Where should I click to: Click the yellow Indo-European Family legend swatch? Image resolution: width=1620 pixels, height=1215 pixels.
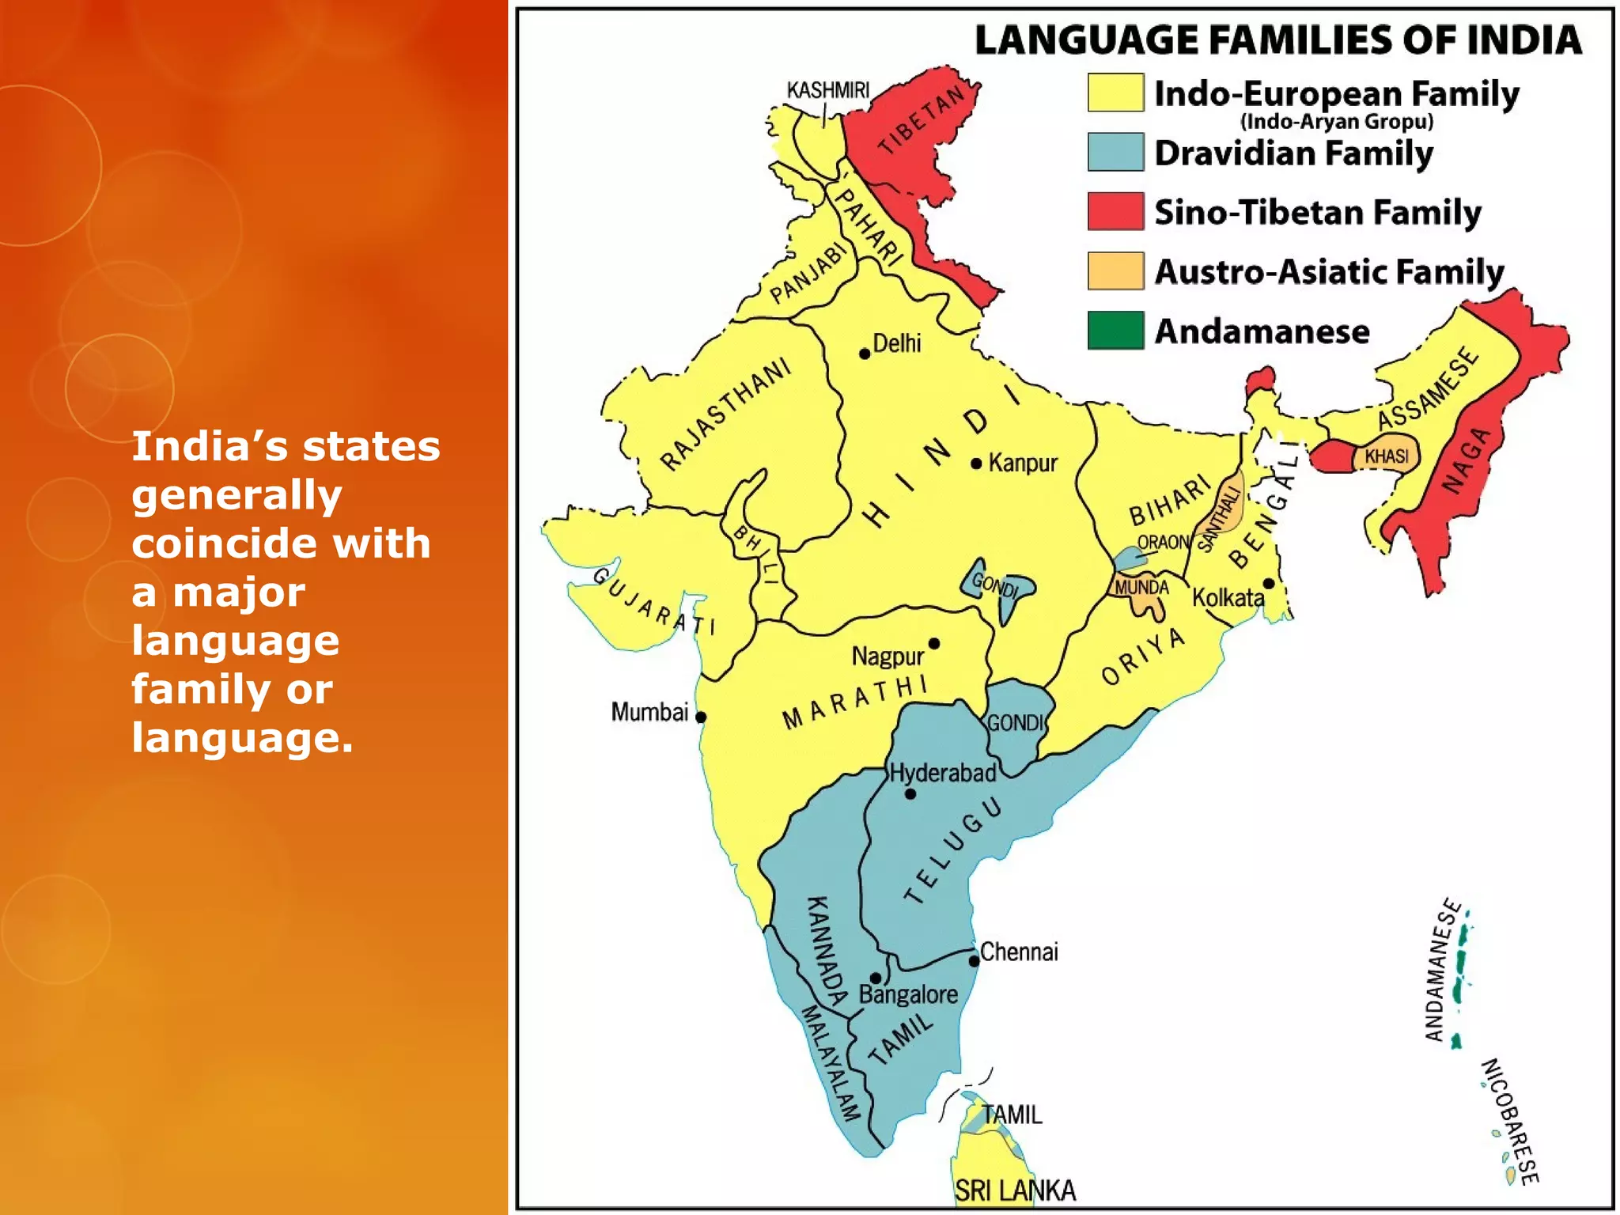1115,93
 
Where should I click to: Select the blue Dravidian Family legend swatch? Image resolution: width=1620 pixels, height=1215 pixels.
1115,152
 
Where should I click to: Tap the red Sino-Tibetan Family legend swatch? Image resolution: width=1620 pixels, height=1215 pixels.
1115,211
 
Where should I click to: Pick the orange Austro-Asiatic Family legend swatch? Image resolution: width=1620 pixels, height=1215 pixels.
1115,271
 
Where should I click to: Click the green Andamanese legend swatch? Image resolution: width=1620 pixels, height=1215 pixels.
1115,331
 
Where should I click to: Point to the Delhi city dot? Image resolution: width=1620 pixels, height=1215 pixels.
865,354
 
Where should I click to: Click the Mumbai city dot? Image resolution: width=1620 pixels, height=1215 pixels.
701,717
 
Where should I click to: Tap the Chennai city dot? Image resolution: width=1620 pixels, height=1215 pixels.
974,961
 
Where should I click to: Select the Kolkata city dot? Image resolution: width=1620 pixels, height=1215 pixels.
1269,584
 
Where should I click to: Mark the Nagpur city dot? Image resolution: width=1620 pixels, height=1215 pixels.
934,644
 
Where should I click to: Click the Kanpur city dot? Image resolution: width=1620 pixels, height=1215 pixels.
976,464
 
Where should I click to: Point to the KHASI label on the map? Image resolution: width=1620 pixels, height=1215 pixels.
1387,456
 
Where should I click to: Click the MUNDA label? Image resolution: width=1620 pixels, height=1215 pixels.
1141,588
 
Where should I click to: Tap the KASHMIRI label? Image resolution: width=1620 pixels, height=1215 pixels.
827,90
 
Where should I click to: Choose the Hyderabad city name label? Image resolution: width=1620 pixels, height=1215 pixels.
943,773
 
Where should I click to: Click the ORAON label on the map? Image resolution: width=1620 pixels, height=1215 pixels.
1163,543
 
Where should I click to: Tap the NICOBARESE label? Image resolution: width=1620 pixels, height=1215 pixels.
1509,1121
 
